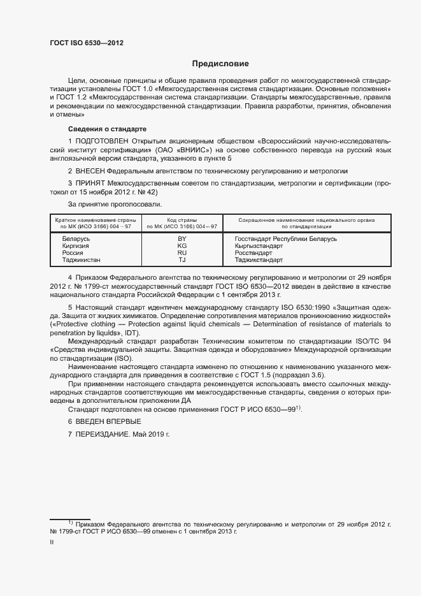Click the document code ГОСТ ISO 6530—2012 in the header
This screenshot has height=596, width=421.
87,43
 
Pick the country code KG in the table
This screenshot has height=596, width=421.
182,245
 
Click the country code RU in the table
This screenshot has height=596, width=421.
182,253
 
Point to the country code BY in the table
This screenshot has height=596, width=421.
182,238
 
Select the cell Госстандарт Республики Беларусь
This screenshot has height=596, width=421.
285,238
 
